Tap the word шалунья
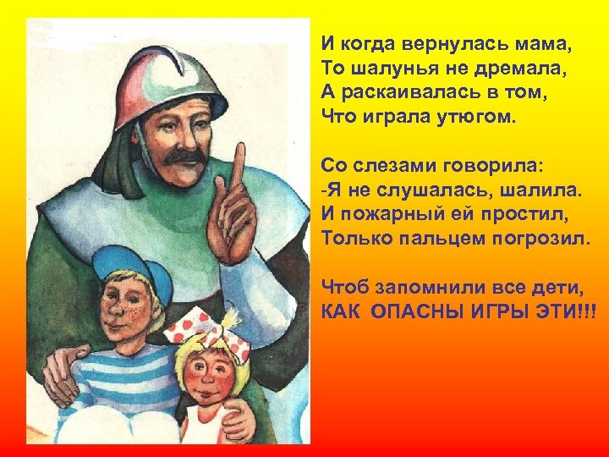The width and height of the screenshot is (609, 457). tap(386, 66)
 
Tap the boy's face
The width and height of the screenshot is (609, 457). tap(123, 308)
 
